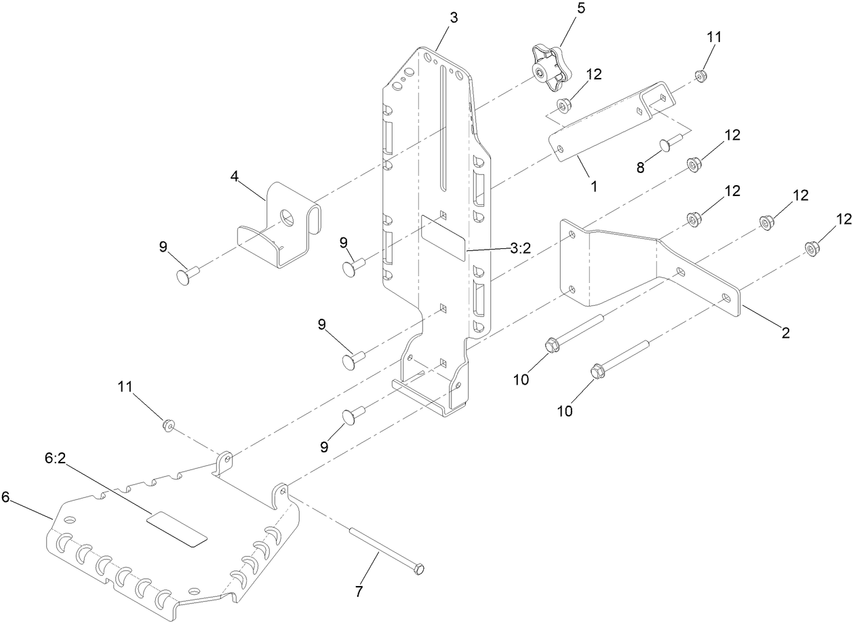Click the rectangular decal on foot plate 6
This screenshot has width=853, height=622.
(177, 530)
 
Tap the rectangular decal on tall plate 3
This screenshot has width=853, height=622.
(443, 237)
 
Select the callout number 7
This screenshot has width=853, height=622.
(359, 591)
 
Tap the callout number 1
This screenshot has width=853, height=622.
(593, 184)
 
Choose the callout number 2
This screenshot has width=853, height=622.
(785, 332)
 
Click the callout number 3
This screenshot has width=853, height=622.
(453, 18)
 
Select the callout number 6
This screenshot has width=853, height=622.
(5, 497)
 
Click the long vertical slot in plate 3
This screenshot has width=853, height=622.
(442, 129)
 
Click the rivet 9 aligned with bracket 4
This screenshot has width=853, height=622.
(184, 275)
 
